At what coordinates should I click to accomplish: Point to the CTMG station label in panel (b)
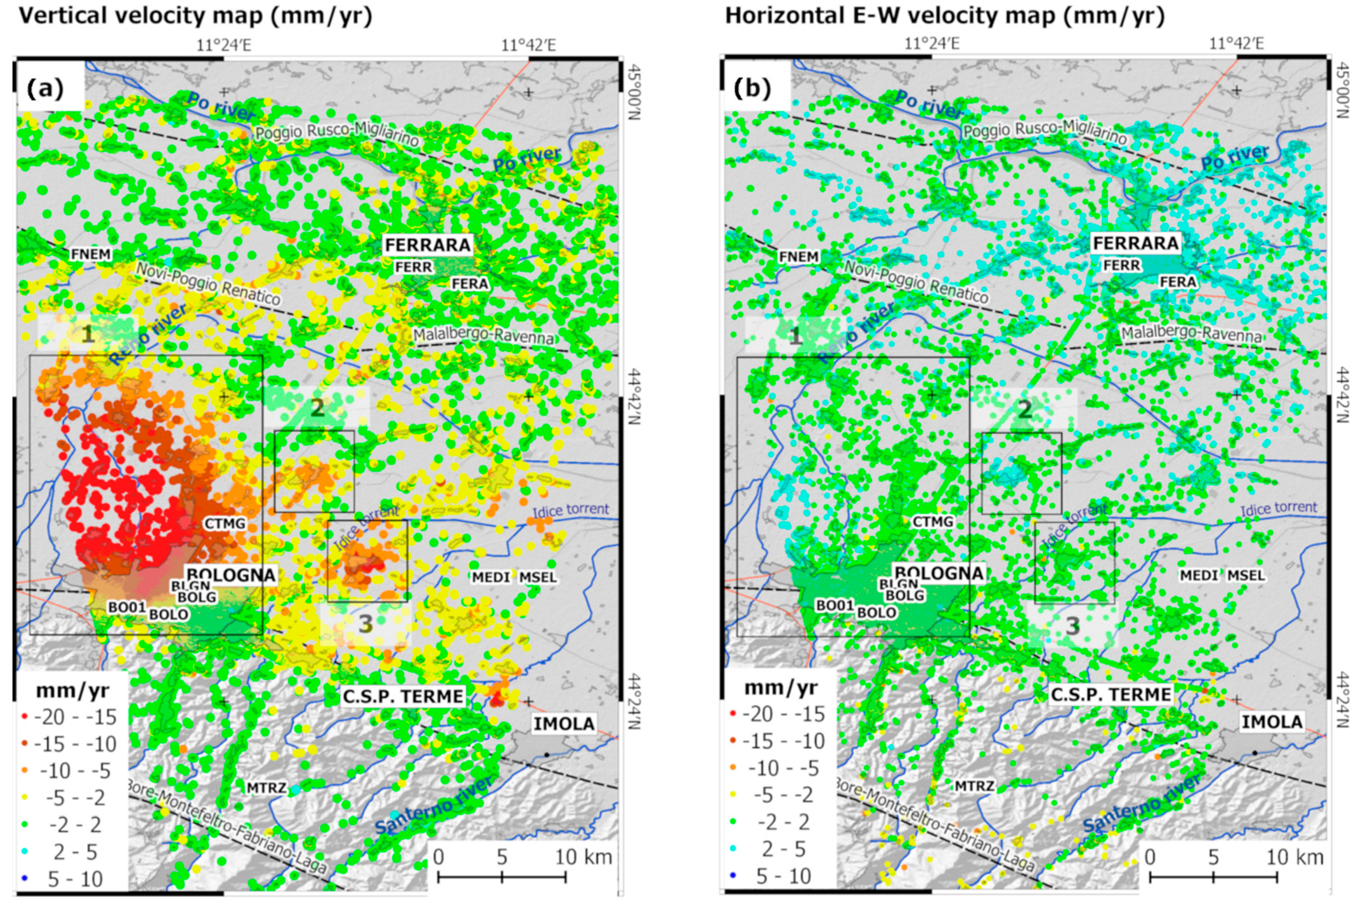tap(933, 522)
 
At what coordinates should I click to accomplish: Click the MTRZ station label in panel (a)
tap(266, 787)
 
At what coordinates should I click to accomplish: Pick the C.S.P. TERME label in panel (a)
tap(403, 696)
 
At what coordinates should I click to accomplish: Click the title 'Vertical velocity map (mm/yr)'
tap(195, 16)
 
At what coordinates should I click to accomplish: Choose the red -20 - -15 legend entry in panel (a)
tap(75, 717)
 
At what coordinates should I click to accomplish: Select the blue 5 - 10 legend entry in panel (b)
tap(783, 876)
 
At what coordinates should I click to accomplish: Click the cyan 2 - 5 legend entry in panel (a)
tap(75, 852)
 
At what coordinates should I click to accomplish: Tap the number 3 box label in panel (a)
tap(365, 624)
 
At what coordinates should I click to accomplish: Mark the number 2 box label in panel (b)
tap(1024, 409)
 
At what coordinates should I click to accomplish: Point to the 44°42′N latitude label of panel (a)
tap(634, 396)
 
